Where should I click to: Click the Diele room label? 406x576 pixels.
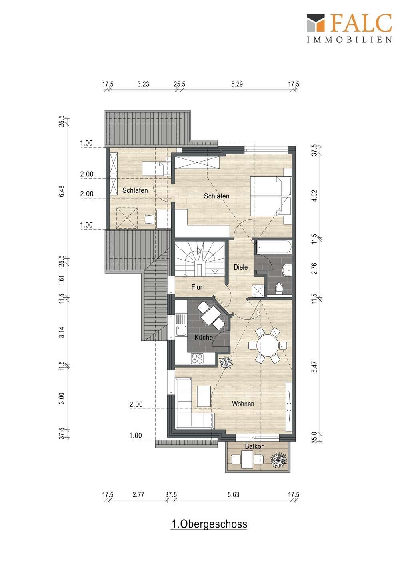pyautogui.click(x=240, y=267)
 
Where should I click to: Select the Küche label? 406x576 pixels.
pyautogui.click(x=203, y=337)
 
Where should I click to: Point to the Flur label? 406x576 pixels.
pyautogui.click(x=197, y=287)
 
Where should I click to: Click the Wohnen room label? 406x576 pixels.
pyautogui.click(x=243, y=404)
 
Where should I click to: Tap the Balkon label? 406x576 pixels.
pyautogui.click(x=254, y=446)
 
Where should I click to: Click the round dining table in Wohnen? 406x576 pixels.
pyautogui.click(x=268, y=345)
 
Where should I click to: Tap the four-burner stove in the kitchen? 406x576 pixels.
pyautogui.click(x=197, y=359)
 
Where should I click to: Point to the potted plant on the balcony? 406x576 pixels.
pyautogui.click(x=279, y=460)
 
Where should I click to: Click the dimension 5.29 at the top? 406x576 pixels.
pyautogui.click(x=237, y=84)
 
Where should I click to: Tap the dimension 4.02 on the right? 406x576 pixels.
pyautogui.click(x=314, y=196)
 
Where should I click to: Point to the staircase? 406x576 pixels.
pyautogui.click(x=200, y=259)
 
